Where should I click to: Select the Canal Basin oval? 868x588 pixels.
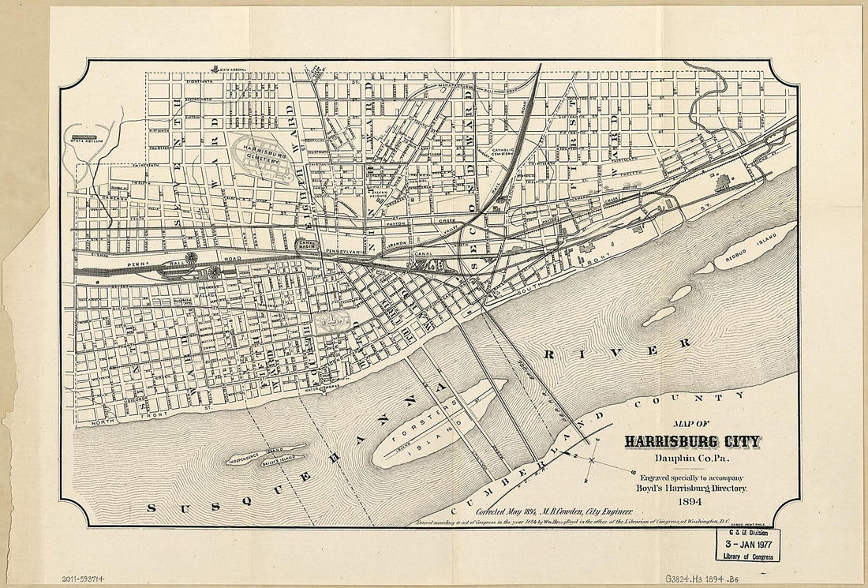pos(305,246)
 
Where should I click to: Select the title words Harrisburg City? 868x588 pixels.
pos(692,441)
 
